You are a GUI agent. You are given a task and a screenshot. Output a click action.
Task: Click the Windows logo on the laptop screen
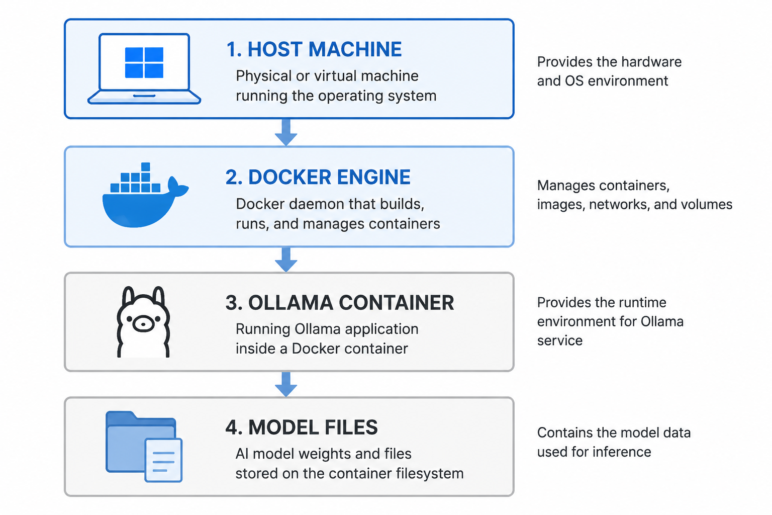click(144, 62)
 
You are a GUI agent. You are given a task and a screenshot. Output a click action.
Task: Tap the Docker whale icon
click(145, 195)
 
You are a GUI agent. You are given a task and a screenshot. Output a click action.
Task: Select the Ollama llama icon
click(143, 321)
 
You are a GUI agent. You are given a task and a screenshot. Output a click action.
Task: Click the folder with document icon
click(144, 447)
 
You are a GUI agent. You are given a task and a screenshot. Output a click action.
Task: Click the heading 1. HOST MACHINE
click(314, 49)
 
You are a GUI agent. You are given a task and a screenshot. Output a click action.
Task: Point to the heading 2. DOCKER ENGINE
click(318, 177)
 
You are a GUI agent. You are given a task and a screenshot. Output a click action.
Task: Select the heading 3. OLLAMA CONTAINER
click(339, 303)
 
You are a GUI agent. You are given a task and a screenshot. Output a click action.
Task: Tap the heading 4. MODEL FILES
click(302, 427)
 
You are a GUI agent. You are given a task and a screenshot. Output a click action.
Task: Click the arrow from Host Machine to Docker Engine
click(286, 132)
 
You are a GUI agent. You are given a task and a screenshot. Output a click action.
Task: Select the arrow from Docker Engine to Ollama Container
click(286, 260)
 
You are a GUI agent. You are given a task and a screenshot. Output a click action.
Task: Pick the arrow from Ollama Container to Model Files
click(286, 384)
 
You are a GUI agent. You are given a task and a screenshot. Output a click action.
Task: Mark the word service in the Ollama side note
click(560, 341)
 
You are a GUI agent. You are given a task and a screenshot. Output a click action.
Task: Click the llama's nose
click(143, 324)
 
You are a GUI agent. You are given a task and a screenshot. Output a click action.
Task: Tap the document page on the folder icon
click(163, 460)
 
